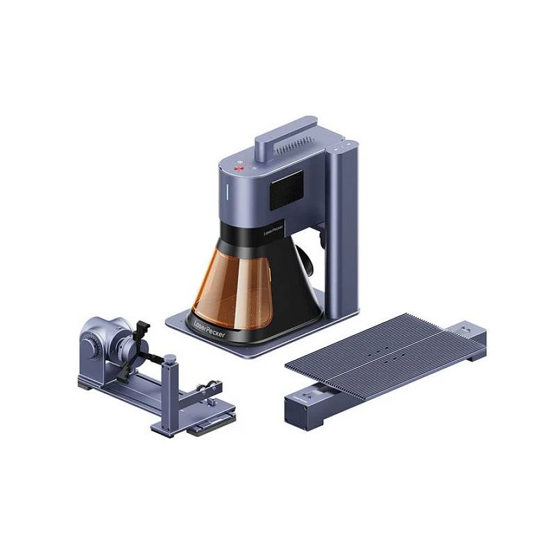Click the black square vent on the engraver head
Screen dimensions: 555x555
pyautogui.click(x=287, y=191)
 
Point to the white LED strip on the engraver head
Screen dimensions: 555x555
pyautogui.click(x=228, y=191)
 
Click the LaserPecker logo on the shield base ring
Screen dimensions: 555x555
pyautogui.click(x=210, y=329)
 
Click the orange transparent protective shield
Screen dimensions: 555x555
pyautogui.click(x=232, y=289)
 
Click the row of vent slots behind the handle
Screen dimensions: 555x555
pyautogui.click(x=296, y=145)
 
